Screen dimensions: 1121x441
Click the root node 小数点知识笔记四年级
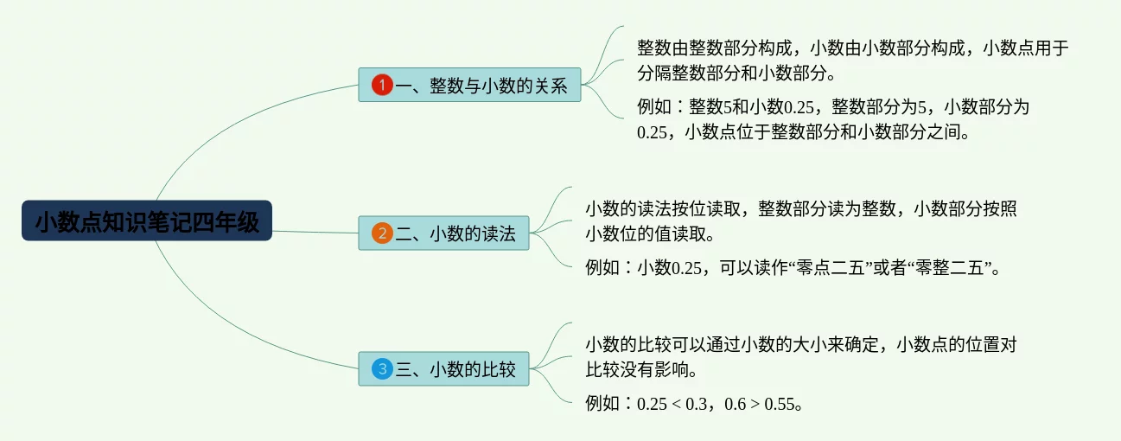(147, 221)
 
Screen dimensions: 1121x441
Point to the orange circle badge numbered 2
(382, 233)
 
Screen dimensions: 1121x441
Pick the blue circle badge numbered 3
(382, 369)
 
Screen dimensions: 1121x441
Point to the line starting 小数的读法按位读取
(800, 208)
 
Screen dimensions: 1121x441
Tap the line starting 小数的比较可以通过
(800, 344)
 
